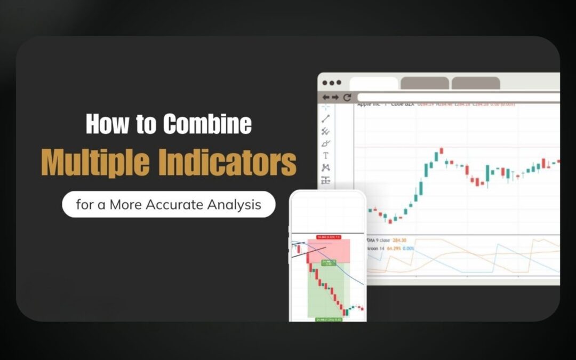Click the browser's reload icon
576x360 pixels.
(347, 98)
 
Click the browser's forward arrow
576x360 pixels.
(335, 98)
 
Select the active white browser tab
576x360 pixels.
(373, 83)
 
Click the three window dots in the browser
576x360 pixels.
(331, 83)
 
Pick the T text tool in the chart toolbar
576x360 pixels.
(326, 156)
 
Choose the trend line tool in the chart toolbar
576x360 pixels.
(326, 119)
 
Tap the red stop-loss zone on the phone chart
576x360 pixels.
(329, 251)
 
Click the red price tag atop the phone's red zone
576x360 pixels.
(329, 237)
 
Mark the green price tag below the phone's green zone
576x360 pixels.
(329, 319)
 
